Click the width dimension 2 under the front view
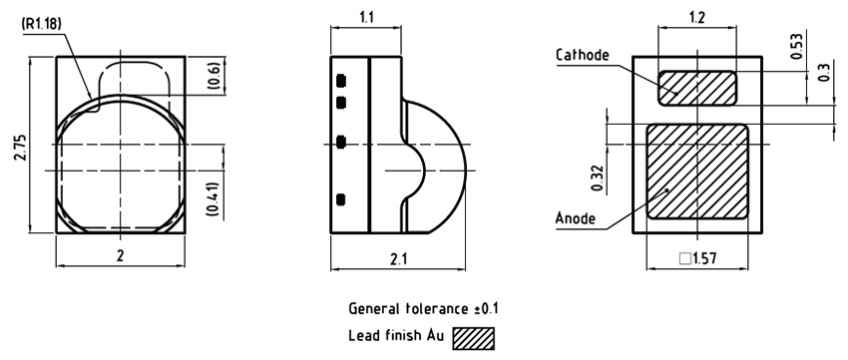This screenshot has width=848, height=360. click(121, 256)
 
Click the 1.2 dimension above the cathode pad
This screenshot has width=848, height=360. click(697, 18)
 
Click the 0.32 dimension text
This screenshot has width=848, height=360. click(598, 177)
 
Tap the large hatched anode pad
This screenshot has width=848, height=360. click(697, 171)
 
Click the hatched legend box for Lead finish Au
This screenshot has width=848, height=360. click(474, 337)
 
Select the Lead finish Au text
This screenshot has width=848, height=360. click(397, 336)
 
